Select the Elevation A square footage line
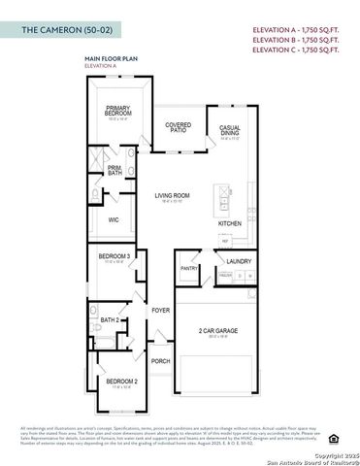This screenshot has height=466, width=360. [297, 30]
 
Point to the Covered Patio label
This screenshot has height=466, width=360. [178, 128]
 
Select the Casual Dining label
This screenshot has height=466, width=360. [230, 130]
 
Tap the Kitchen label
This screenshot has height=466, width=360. [230, 224]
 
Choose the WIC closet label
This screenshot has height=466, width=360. [114, 220]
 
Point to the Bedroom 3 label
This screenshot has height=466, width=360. [115, 256]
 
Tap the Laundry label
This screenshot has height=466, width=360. [239, 261]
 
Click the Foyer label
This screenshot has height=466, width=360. [161, 311]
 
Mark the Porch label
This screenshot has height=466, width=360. [160, 361]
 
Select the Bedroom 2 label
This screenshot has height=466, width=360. [121, 382]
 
